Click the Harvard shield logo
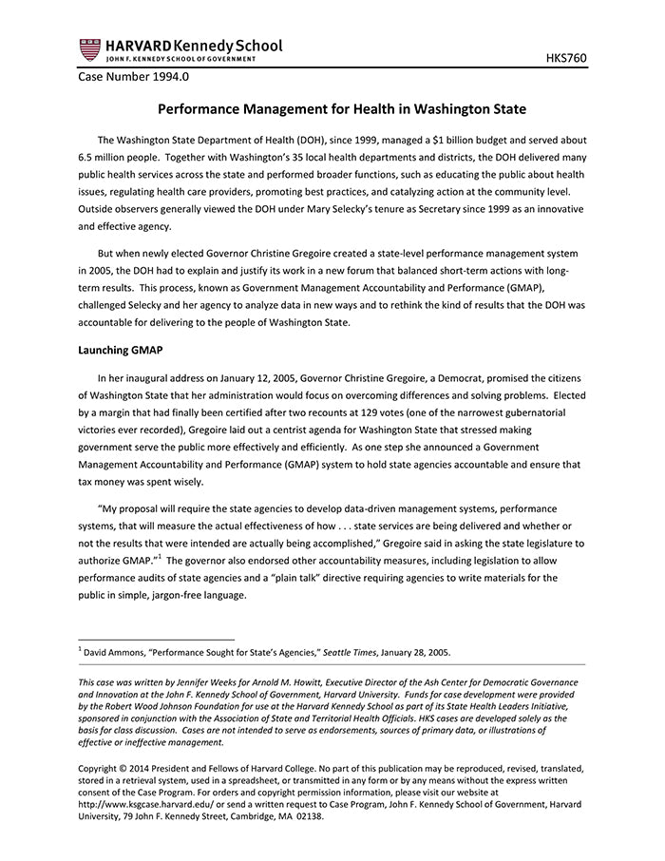(x=89, y=49)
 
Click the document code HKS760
(x=565, y=58)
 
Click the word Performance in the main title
(x=199, y=109)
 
